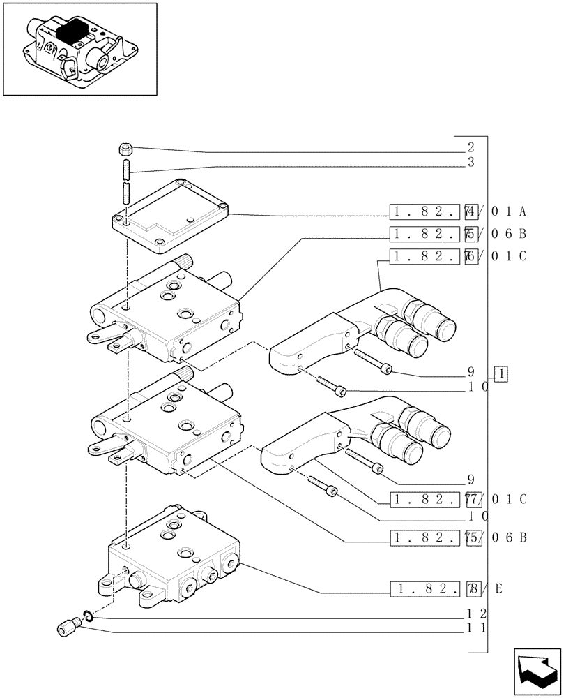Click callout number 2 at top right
pos(471,147)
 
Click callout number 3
pos(471,162)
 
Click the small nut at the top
pos(125,148)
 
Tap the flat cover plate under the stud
pos(171,216)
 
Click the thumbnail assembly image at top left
pos(79,49)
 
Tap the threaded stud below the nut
pos(127,181)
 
